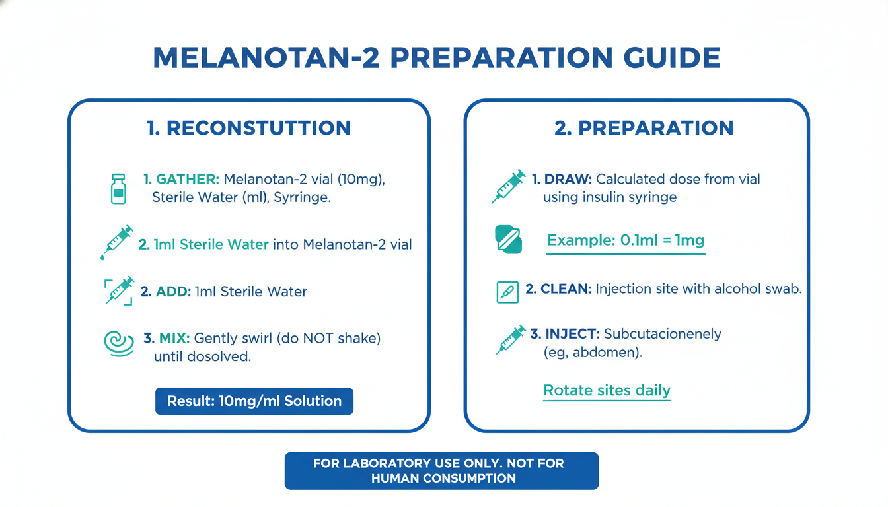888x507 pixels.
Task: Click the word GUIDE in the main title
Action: pos(672,58)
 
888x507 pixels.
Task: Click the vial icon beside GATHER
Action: pos(118,189)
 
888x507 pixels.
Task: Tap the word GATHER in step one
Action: pos(188,179)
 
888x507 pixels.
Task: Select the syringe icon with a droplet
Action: pos(116,242)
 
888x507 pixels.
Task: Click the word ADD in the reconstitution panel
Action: pos(173,292)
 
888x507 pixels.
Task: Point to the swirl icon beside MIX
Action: pos(118,343)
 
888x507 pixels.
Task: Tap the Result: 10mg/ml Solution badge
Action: pos(254,401)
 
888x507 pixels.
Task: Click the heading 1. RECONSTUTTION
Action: pos(248,128)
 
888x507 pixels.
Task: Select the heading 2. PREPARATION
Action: pos(644,128)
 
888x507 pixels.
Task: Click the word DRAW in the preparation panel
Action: pos(568,179)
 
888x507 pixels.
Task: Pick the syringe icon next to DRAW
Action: pos(509,186)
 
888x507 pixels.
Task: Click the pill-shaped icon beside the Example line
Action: pos(509,239)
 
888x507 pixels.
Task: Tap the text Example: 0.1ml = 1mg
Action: pos(626,240)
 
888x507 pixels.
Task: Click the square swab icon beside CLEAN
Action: pos(507,292)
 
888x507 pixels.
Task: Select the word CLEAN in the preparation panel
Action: pos(566,288)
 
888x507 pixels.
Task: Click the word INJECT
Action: pos(572,334)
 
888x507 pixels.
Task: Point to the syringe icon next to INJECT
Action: pos(511,340)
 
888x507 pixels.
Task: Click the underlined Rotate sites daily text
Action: pos(607,391)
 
